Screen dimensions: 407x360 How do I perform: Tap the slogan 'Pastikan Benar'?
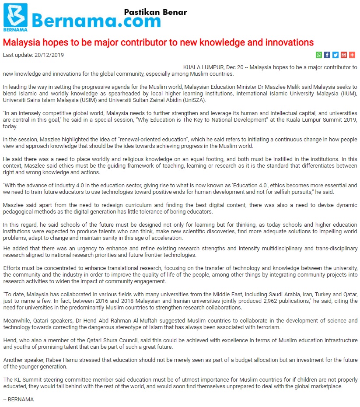(x=155, y=12)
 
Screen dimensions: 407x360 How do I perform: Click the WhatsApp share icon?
(x=319, y=55)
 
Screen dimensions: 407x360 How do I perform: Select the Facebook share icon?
(x=327, y=55)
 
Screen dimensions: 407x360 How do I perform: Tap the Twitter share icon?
(x=336, y=55)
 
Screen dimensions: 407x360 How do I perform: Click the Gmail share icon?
(x=344, y=55)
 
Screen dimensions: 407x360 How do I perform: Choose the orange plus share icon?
(x=352, y=55)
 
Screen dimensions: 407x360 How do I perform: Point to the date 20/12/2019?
(x=50, y=55)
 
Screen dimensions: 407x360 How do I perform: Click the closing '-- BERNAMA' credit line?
(x=18, y=400)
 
